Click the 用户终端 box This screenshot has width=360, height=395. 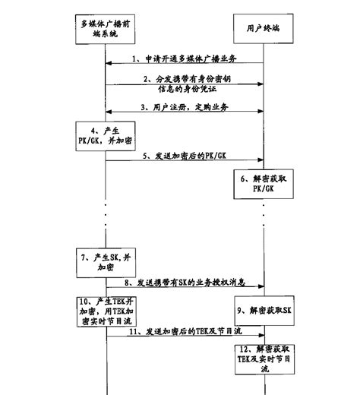click(x=264, y=29)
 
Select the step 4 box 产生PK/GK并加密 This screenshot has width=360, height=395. click(x=104, y=135)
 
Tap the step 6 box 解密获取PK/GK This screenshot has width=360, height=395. click(x=263, y=182)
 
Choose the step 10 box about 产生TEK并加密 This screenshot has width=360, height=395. click(x=106, y=309)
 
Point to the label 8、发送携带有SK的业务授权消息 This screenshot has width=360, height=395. click(x=184, y=283)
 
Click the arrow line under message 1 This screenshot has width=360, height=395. click(x=184, y=65)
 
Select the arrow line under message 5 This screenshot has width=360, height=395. click(x=184, y=161)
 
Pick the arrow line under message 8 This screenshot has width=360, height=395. click(x=184, y=289)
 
